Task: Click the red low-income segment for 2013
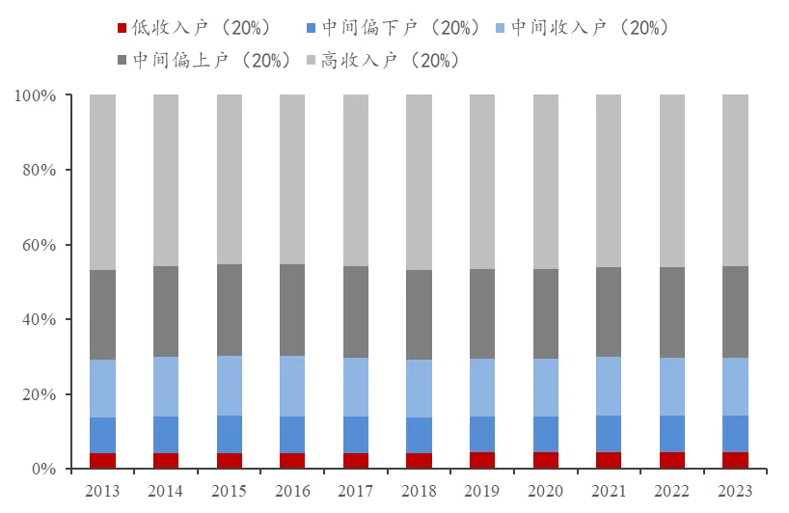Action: pos(102,461)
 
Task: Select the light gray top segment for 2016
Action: pos(292,179)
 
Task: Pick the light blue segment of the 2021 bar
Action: pos(609,386)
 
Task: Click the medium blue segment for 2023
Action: pos(735,434)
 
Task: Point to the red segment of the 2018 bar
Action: pos(419,461)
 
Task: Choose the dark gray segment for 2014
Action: pos(166,311)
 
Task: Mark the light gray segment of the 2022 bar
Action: pos(672,180)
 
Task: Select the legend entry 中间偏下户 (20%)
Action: pos(398,28)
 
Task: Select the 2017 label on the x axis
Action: pos(356,491)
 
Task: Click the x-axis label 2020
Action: pos(546,491)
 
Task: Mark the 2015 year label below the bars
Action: pos(229,491)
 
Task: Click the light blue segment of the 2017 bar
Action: pos(356,387)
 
